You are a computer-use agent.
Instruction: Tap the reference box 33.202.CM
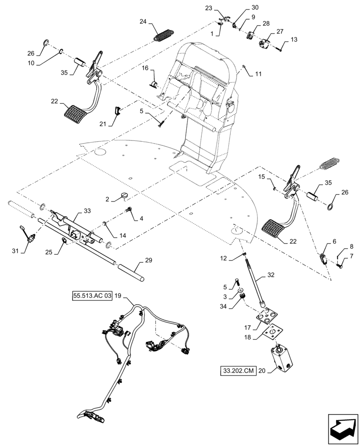(x=238, y=371)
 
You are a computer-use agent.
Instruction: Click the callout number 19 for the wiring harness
(x=118, y=295)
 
